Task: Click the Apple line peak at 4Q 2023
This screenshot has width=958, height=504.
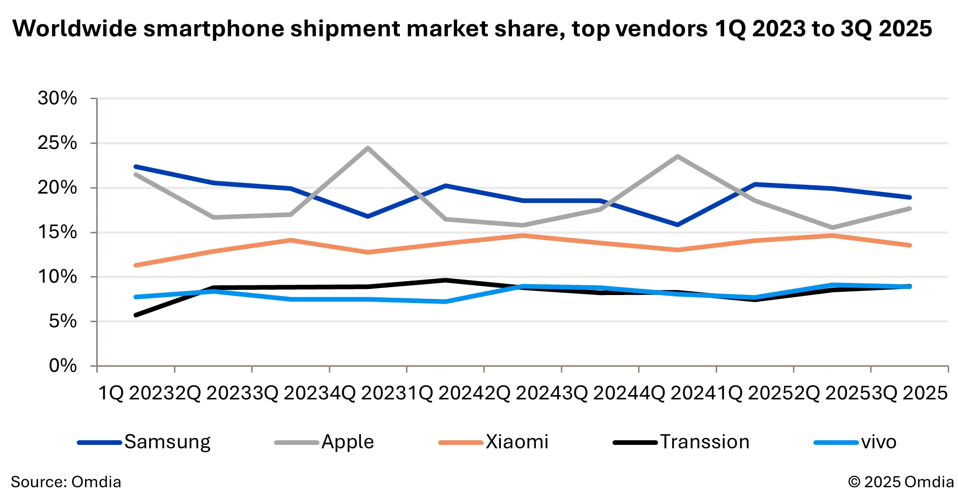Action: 368,148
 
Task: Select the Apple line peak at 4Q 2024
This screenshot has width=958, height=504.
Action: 678,156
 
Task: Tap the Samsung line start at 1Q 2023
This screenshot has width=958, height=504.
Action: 136,167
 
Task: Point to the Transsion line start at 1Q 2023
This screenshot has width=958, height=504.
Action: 136,315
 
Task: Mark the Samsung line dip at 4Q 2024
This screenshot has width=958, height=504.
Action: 678,225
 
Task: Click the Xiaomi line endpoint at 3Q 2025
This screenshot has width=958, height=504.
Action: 909,245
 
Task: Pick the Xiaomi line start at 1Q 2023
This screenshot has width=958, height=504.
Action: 136,265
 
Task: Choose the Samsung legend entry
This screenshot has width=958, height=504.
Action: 144,442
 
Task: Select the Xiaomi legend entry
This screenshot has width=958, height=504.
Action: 493,442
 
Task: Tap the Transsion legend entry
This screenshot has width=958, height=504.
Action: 681,442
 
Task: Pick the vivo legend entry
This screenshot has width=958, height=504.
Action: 855,442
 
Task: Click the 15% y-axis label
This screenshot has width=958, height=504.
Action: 57,232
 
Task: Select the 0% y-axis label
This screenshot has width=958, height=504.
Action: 63,366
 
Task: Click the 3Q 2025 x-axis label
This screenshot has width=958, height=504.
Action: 910,394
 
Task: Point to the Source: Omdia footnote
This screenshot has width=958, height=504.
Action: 66,482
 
